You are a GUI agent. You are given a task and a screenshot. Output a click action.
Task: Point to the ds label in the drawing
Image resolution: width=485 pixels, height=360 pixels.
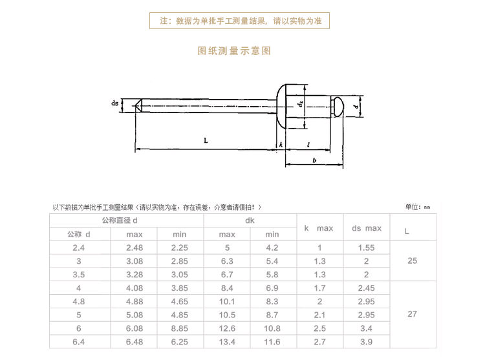click(x=115, y=103)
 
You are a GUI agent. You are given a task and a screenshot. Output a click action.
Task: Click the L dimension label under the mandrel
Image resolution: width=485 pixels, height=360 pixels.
click(x=205, y=140)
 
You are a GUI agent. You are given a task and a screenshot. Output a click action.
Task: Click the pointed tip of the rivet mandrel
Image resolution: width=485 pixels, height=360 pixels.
click(x=138, y=105)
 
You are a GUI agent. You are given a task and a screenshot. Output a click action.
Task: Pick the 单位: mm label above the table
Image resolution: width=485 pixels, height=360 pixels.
click(x=417, y=207)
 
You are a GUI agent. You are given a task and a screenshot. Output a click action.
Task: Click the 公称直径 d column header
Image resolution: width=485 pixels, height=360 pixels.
click(x=120, y=221)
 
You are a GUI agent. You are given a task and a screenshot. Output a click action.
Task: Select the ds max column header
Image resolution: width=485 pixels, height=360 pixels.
click(x=366, y=228)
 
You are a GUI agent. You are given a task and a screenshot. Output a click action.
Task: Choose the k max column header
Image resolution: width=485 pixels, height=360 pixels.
click(x=318, y=228)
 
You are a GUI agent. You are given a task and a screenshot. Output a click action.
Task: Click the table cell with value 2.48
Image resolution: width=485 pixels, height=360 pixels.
click(x=135, y=248)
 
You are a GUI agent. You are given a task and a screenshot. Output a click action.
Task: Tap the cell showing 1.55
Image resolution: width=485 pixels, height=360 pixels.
click(x=366, y=248)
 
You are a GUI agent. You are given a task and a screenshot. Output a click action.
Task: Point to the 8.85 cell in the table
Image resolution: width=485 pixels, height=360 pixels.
click(x=180, y=328)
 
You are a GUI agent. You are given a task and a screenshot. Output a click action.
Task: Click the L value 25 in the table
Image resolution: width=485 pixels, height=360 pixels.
click(x=413, y=261)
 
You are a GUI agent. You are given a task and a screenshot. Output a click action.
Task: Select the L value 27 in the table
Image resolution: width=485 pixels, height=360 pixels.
click(x=413, y=314)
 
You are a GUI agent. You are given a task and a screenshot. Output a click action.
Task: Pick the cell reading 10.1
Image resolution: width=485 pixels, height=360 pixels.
click(x=227, y=301)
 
